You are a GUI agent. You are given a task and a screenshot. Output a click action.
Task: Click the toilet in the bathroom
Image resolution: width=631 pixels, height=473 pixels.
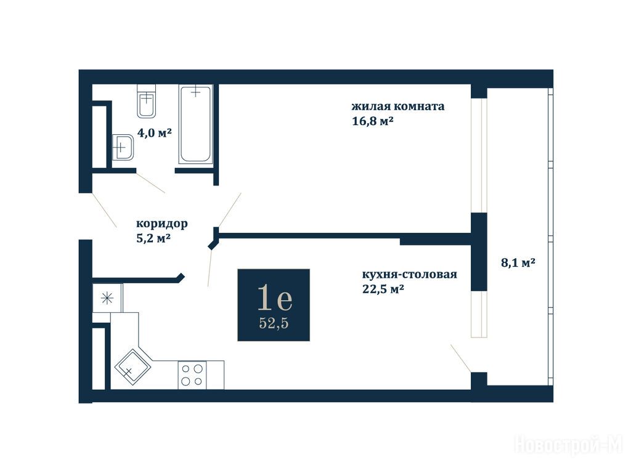pyautogui.click(x=146, y=101)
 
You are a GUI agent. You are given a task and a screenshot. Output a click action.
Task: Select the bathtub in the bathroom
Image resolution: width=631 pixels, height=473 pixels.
pyautogui.click(x=195, y=124)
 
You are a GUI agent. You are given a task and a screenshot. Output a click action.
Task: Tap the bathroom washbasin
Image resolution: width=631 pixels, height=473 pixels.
pyautogui.click(x=123, y=147)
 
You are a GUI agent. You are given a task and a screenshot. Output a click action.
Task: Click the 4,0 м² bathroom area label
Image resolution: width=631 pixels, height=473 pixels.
pyautogui.click(x=155, y=132)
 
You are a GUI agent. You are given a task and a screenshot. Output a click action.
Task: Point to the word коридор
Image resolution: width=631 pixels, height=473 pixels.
pyautogui.click(x=162, y=224)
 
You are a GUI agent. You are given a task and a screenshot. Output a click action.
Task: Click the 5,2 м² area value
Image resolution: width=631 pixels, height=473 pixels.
pyautogui.click(x=153, y=238)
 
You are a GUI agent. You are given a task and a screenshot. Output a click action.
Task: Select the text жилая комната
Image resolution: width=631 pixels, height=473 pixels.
pyautogui.click(x=398, y=106)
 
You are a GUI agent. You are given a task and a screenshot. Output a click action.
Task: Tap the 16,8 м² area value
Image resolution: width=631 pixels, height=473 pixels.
pyautogui.click(x=373, y=121)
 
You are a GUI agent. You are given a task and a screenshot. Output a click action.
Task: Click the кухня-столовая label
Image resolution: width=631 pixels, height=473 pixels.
pyautogui.click(x=410, y=274)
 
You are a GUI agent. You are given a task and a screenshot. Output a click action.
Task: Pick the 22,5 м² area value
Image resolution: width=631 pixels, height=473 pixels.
pyautogui.click(x=383, y=289)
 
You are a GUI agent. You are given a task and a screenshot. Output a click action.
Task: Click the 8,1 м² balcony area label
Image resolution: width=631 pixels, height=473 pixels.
pyautogui.click(x=518, y=262)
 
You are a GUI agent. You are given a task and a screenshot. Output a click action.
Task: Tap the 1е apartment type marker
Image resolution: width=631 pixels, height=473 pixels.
pyautogui.click(x=274, y=298)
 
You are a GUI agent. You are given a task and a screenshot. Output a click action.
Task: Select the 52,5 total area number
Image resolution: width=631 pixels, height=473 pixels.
pyautogui.click(x=274, y=323)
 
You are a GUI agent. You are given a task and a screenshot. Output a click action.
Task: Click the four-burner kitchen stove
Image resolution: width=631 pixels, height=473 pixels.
pyautogui.click(x=192, y=375)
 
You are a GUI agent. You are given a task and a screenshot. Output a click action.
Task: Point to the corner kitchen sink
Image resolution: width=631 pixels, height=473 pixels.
pyautogui.click(x=133, y=367)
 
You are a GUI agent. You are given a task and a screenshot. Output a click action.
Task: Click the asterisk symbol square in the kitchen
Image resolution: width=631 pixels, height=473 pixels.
pyautogui.click(x=107, y=298)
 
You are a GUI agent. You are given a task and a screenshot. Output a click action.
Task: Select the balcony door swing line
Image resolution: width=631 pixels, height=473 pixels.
pyautogui.click(x=461, y=358)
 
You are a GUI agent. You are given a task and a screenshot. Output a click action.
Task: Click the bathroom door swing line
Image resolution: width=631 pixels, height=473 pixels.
pyautogui.click(x=150, y=183)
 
